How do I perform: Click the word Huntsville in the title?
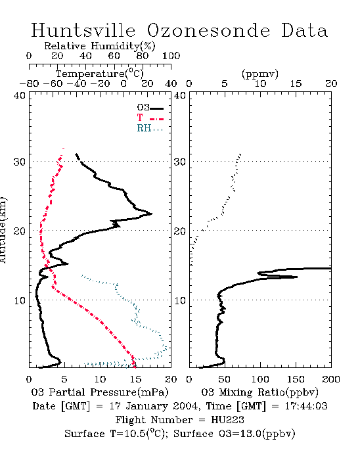pos(83,30)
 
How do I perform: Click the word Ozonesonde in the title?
pos(208,30)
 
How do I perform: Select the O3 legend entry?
pos(150,108)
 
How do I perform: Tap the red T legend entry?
pos(150,118)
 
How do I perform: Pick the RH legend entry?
pos(150,128)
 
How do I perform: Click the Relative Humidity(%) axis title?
pos(100,46)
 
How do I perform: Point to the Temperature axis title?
pos(100,74)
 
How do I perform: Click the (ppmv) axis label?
pos(260,74)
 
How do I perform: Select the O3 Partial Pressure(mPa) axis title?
pos(100,392)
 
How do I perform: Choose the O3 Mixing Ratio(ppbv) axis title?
pos(259,392)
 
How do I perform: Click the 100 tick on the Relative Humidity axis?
pos(171,56)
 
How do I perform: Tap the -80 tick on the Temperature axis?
pos(29,83)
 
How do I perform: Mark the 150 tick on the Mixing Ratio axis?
pos(296,379)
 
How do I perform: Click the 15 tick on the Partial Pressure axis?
pos(135,379)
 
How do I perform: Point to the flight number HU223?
pos(227,420)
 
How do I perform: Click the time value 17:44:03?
pos(306,406)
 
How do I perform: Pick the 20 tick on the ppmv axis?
pos(331,83)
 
